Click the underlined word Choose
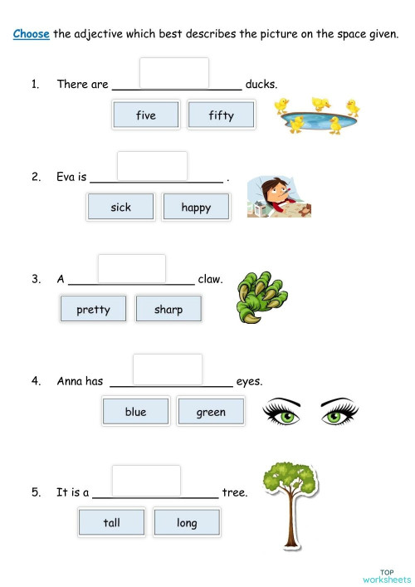coord(32,34)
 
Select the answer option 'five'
coord(146,115)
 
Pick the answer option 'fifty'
coord(221,115)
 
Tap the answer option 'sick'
coord(120,207)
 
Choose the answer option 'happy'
coord(196,207)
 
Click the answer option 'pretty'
coord(93,310)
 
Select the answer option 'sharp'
coord(168,310)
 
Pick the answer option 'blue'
coord(135,412)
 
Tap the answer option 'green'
coord(211,412)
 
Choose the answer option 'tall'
coord(112,522)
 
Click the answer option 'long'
coord(187,522)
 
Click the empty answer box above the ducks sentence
coord(174,72)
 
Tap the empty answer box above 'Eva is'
coord(152,165)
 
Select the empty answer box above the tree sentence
coord(146,480)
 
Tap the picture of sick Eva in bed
coord(278,197)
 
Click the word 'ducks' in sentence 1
coord(261,84)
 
